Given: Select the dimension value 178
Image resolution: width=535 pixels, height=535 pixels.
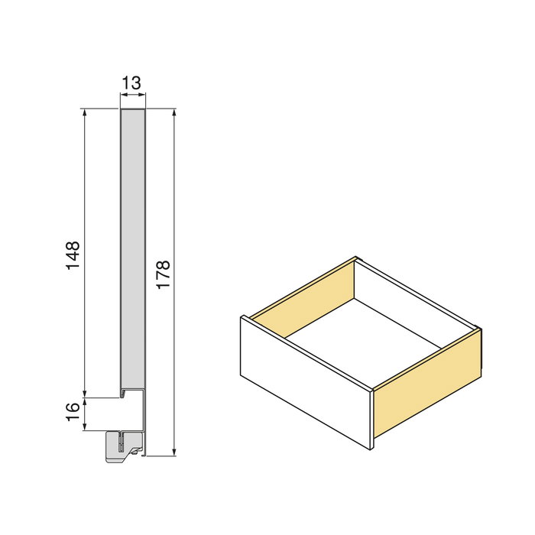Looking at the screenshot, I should pyautogui.click(x=163, y=274).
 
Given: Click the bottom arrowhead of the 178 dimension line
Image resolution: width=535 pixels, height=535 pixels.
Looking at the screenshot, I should pyautogui.click(x=176, y=452).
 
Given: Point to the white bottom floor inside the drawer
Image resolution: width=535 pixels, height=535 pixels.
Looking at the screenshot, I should pyautogui.click(x=359, y=336).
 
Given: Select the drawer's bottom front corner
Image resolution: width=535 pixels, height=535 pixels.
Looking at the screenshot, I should pyautogui.click(x=371, y=449).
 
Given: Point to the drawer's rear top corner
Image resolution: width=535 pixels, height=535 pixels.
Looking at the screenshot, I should pyautogui.click(x=357, y=258).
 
